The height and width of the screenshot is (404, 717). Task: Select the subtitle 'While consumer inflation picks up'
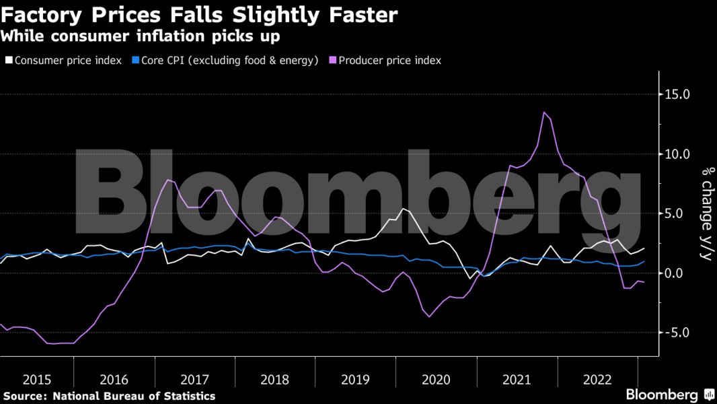point(141,35)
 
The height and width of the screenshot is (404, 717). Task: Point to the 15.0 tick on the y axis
point(677,94)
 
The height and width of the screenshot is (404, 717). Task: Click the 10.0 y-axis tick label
point(677,154)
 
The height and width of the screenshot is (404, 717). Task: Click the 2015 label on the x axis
point(37,379)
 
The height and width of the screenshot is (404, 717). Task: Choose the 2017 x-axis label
point(196,379)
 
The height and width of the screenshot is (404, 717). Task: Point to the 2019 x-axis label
point(355,379)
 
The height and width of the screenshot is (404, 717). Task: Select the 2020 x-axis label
point(436,379)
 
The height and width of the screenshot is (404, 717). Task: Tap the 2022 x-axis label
point(597,379)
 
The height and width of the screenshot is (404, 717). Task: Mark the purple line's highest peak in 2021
point(544,112)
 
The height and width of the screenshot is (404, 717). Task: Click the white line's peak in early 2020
point(403,209)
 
